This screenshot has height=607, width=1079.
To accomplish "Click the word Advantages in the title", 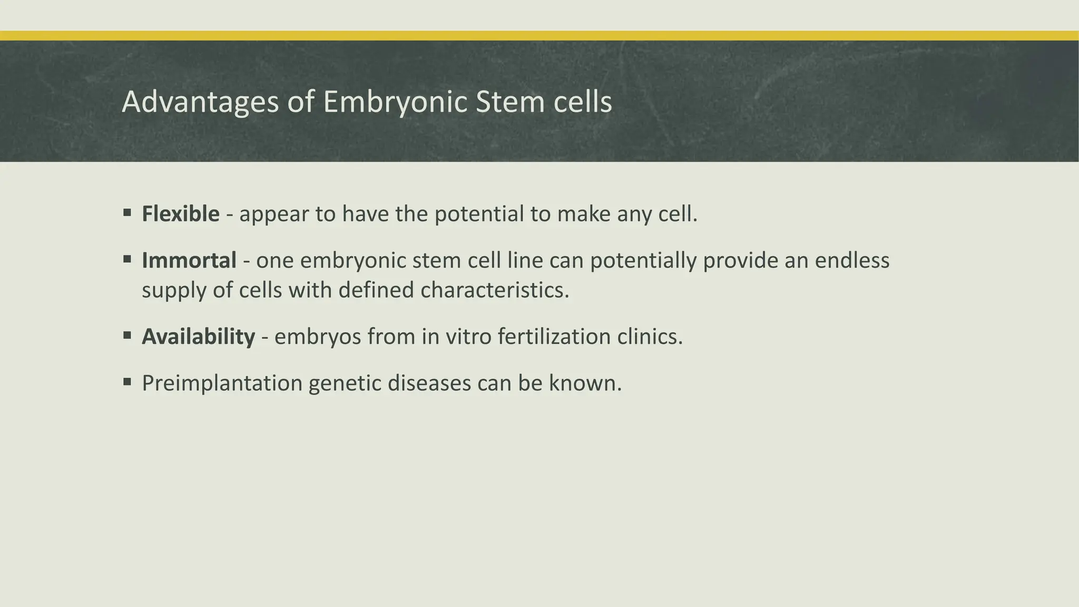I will click(200, 102).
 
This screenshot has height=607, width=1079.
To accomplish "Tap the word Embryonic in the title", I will click(395, 102).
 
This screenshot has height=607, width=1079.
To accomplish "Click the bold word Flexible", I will click(181, 214).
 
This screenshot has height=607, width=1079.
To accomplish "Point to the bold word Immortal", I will click(189, 260).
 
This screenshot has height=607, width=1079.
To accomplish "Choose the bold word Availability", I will click(199, 337).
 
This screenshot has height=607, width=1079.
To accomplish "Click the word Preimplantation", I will click(222, 383).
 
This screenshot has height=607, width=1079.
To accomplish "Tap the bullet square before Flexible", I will click(127, 213).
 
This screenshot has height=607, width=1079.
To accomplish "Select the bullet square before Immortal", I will click(127, 259).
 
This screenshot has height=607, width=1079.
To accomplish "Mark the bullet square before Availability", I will click(127, 336).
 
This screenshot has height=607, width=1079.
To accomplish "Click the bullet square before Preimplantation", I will click(127, 382).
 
